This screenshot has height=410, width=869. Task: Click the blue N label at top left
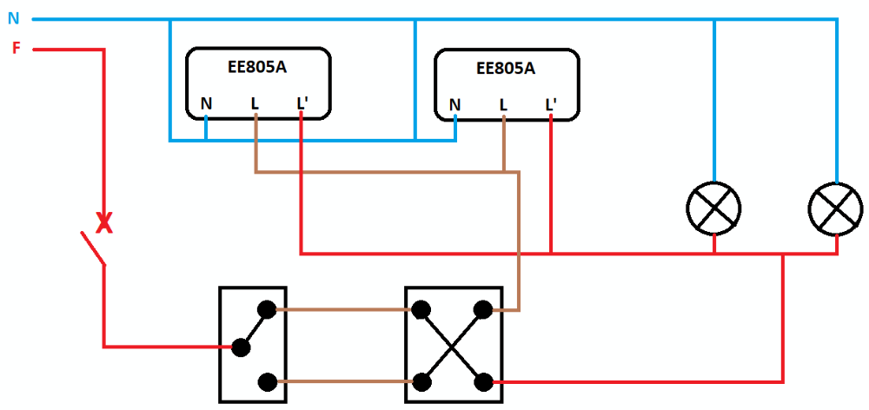(13, 17)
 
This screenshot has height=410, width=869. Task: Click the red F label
(16, 48)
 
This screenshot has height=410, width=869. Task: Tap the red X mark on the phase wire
(104, 224)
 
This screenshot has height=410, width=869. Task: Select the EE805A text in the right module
(506, 67)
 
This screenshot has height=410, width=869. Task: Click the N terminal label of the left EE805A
(206, 104)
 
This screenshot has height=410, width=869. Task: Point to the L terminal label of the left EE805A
(255, 104)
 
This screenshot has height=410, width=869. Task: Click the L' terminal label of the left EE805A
(302, 104)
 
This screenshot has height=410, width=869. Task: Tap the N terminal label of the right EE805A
(454, 105)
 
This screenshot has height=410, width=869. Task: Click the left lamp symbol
(714, 208)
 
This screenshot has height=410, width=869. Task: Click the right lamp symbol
(835, 208)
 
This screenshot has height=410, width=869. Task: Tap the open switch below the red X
(92, 248)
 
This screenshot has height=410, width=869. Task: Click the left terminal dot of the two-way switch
(241, 347)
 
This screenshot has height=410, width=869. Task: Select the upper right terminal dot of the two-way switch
(269, 308)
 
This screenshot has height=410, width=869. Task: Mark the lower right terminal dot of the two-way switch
(269, 381)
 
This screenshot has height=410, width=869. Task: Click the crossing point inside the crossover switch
(453, 345)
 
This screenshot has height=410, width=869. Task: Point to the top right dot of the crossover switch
(483, 308)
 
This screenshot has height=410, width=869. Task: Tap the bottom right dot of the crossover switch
(483, 381)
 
